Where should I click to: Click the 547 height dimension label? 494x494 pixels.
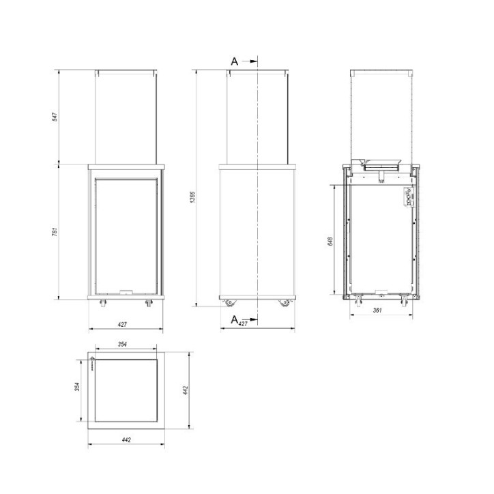click(x=54, y=117)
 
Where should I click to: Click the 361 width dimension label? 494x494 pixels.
click(x=377, y=310)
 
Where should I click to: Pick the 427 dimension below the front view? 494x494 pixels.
click(x=126, y=324)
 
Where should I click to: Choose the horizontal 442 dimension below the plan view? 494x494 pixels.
click(x=126, y=440)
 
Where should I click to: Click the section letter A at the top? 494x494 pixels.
click(x=234, y=61)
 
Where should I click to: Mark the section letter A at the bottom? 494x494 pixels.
click(x=234, y=319)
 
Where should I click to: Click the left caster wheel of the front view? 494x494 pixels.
click(x=104, y=302)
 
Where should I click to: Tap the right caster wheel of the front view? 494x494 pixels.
click(x=147, y=302)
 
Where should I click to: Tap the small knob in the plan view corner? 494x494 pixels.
click(x=92, y=360)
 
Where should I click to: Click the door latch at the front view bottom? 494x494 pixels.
click(x=126, y=291)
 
